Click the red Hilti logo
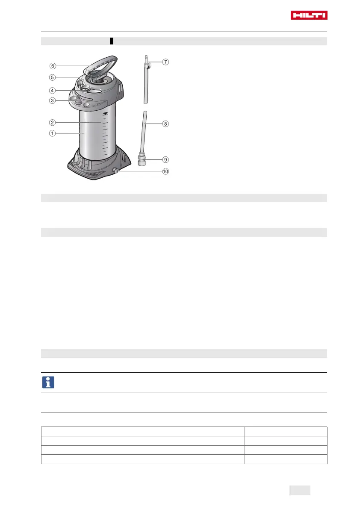click(309, 15)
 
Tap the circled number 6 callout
click(53, 66)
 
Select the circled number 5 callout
click(52, 77)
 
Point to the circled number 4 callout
click(52, 91)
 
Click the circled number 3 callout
click(52, 100)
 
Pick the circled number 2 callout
click(52, 122)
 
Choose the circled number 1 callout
click(52, 133)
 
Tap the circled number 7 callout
click(165, 62)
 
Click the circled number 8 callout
click(165, 124)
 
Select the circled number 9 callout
click(165, 160)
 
